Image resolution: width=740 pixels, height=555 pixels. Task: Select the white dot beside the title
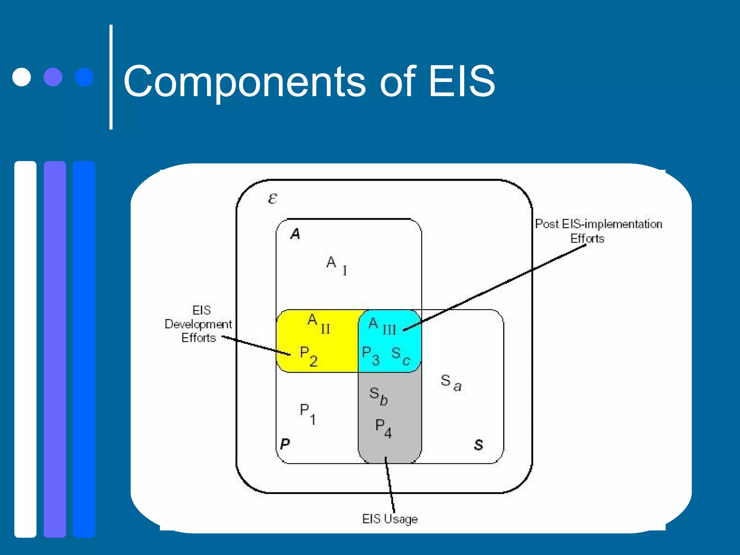point(22,77)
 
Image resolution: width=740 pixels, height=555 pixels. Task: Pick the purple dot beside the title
point(53,77)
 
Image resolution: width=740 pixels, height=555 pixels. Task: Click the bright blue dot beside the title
point(84,77)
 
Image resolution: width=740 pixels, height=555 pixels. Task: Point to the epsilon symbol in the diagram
point(272,198)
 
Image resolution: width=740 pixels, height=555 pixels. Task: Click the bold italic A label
point(295,234)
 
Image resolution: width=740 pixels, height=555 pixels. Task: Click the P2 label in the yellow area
point(308,356)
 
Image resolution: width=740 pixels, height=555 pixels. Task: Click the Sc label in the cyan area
point(401,356)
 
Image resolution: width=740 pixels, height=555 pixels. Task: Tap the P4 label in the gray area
point(383,429)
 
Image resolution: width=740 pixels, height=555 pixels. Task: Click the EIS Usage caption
point(390,519)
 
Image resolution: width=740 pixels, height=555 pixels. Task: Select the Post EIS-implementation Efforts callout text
point(598,231)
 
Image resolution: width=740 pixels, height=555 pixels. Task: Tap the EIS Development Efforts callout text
point(198,324)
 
